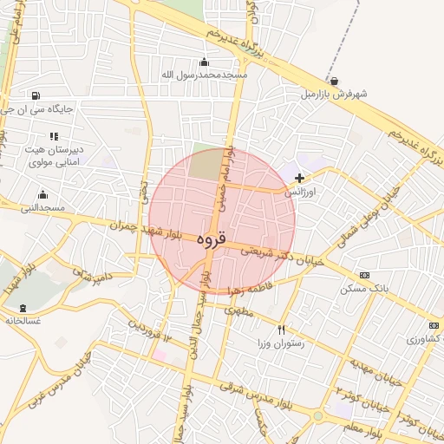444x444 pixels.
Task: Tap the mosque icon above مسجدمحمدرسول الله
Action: point(205,62)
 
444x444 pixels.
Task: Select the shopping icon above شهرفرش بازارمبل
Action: point(335,81)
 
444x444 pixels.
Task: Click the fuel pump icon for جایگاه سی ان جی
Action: point(35,96)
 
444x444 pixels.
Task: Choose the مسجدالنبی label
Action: point(43,208)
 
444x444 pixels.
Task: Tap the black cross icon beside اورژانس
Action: point(300,178)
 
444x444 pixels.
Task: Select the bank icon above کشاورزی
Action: point(434,325)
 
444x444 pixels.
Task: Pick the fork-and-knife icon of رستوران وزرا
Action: point(281,330)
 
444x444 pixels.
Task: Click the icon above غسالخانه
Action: point(23,308)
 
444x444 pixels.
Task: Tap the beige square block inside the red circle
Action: point(206,166)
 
